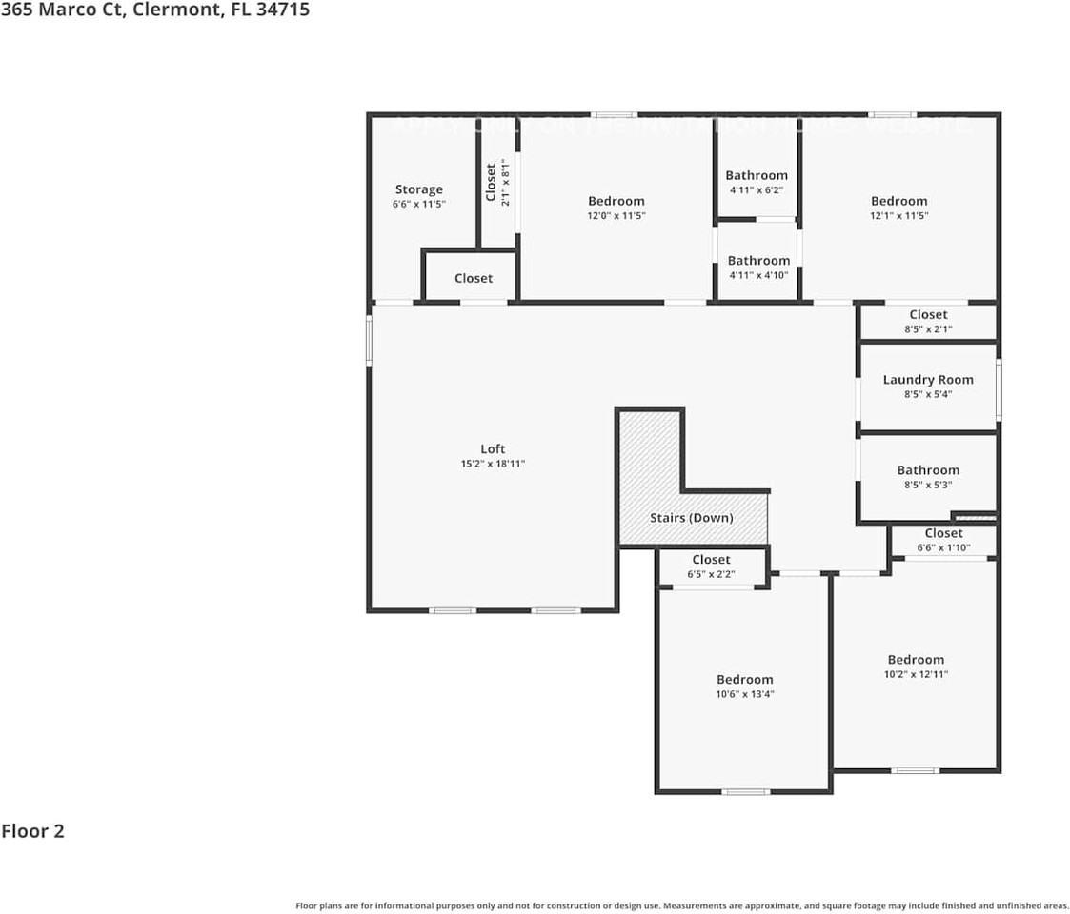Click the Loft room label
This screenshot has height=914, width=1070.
click(493, 448)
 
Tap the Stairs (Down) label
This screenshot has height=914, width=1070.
click(691, 518)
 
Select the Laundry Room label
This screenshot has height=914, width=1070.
click(928, 379)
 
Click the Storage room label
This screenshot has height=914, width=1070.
click(419, 189)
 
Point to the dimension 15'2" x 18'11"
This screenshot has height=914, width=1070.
click(493, 464)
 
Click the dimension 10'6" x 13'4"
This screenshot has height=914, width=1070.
click(745, 694)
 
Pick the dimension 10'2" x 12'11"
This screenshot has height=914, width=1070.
click(916, 674)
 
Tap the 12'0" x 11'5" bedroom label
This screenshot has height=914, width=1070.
click(616, 201)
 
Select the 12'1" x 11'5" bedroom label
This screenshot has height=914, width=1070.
click(898, 201)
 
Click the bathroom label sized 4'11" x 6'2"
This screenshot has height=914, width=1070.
click(757, 175)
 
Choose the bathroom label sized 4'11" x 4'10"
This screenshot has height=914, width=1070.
click(758, 260)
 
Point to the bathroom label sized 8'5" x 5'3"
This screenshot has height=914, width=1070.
click(928, 469)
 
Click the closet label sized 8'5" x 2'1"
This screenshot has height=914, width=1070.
click(928, 314)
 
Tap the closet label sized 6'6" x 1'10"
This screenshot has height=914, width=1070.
click(943, 533)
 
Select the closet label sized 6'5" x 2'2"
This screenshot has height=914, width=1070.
click(711, 560)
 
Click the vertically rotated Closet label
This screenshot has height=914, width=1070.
click(491, 182)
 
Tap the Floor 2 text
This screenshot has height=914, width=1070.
click(32, 831)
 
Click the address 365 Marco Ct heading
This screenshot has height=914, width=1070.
click(154, 10)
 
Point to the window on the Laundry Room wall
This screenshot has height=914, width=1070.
click(999, 388)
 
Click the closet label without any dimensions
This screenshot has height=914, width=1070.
click(474, 278)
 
